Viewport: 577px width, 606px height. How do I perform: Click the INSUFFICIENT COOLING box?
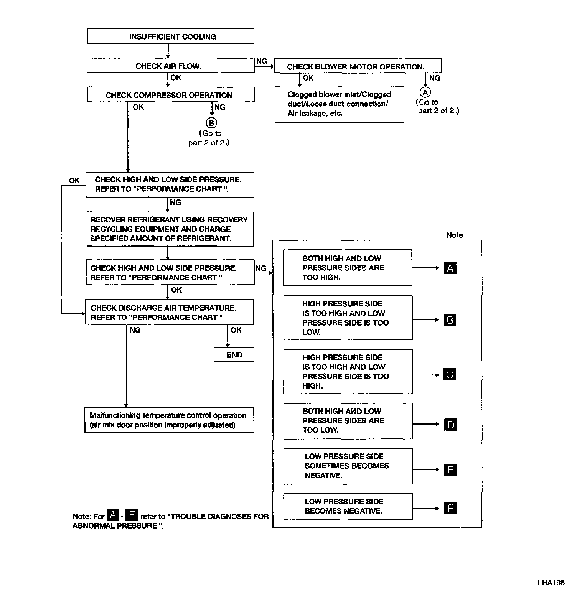pos(170,36)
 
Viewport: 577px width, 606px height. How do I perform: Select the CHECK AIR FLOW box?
pos(170,66)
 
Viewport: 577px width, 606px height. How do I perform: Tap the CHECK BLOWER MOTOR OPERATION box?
pos(358,66)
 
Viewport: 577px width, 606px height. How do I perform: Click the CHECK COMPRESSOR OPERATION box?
pos(171,95)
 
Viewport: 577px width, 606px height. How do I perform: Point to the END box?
pos(234,355)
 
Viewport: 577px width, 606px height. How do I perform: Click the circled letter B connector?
pos(211,123)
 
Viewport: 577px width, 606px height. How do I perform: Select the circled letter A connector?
pos(425,92)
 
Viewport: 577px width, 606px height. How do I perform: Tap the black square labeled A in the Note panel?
pos(450,268)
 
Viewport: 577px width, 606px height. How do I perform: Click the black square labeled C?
pos(450,374)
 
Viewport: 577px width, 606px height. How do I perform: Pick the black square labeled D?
pos(450,425)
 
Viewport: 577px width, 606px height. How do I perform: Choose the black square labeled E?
pos(450,470)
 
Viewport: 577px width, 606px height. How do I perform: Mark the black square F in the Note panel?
pos(450,509)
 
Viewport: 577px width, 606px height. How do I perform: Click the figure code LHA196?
pos(551,583)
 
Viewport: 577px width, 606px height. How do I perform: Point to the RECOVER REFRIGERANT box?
pos(170,229)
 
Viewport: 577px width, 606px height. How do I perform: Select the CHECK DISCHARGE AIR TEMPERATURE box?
pos(169,312)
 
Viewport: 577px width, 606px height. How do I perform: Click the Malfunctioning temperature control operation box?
pos(169,420)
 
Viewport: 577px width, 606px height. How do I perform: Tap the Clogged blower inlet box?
pos(339,104)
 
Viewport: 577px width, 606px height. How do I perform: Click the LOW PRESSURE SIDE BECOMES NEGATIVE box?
pos(348,506)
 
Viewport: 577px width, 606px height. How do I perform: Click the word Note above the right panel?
pos(454,235)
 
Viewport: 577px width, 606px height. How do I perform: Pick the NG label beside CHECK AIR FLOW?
pos(262,61)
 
